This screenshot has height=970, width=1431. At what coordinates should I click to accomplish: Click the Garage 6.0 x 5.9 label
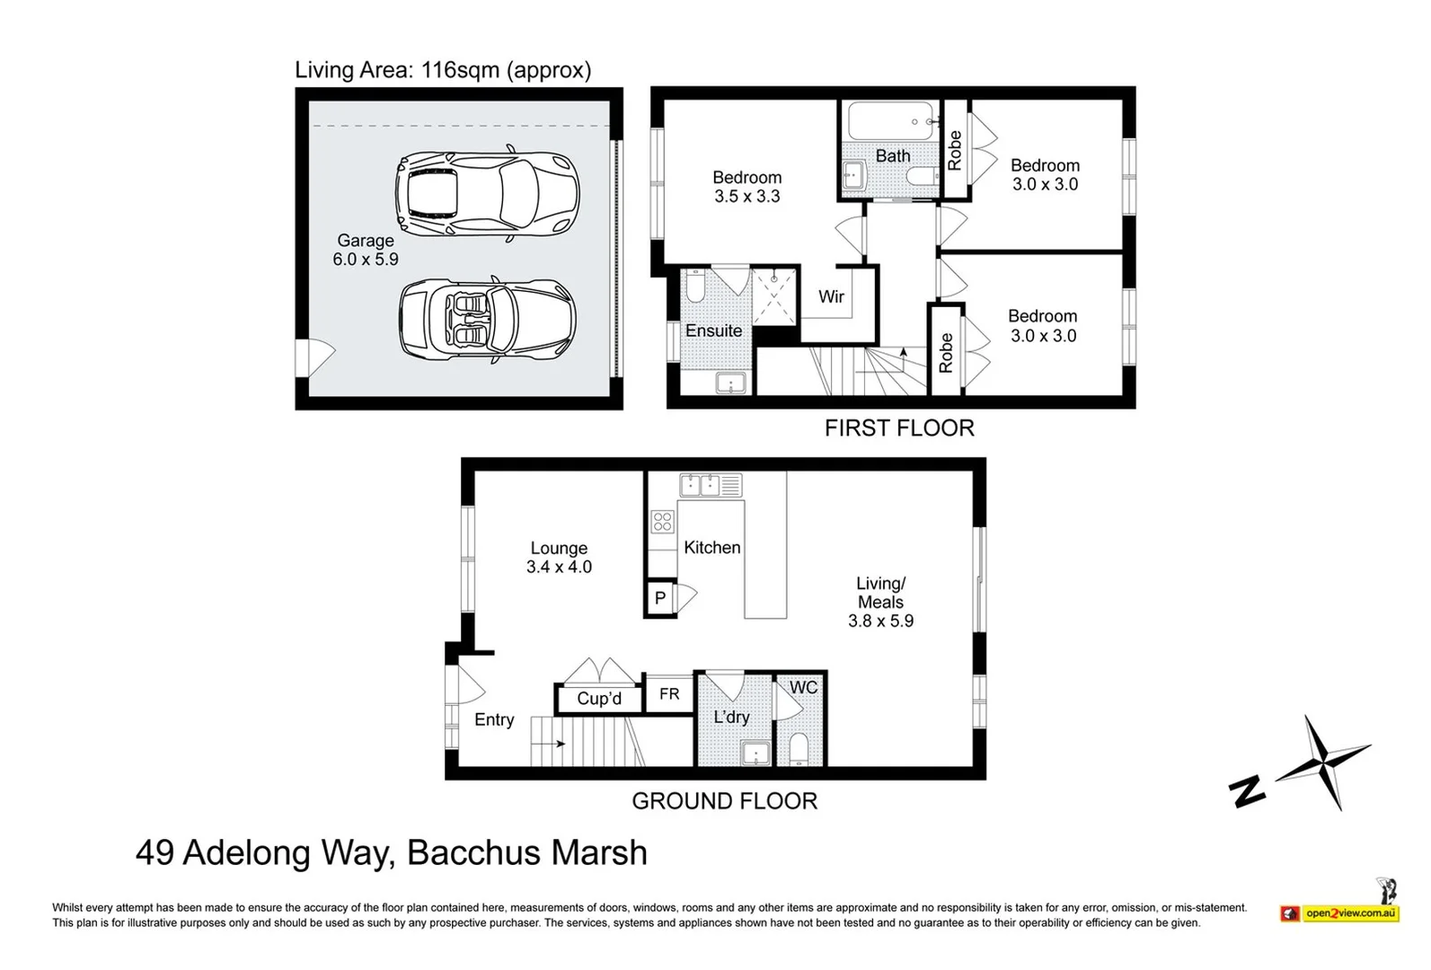[366, 250]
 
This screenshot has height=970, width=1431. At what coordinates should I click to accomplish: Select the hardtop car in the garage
[488, 192]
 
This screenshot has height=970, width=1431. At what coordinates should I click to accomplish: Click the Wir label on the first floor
[831, 296]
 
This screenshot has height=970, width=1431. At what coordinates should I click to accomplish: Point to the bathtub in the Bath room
[892, 121]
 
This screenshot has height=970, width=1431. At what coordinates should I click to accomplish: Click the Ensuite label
[713, 331]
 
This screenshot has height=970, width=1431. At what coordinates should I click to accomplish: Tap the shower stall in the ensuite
[774, 297]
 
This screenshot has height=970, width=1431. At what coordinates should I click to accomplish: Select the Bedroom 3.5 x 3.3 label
[746, 187]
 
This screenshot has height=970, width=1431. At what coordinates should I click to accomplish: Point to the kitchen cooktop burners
[662, 522]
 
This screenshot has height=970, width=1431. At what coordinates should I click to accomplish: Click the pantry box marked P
[660, 598]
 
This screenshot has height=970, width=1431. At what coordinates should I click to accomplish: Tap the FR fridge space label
[669, 693]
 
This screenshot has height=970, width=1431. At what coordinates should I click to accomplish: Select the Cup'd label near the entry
[598, 699]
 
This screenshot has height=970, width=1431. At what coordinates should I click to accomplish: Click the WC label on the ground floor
[803, 687]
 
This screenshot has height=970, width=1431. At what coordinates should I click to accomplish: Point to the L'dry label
[731, 717]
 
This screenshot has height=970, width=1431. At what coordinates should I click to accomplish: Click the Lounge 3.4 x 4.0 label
[559, 558]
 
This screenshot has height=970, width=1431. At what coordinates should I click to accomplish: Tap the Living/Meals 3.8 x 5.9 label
[880, 602]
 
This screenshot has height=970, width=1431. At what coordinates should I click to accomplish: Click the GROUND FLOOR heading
[724, 801]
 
